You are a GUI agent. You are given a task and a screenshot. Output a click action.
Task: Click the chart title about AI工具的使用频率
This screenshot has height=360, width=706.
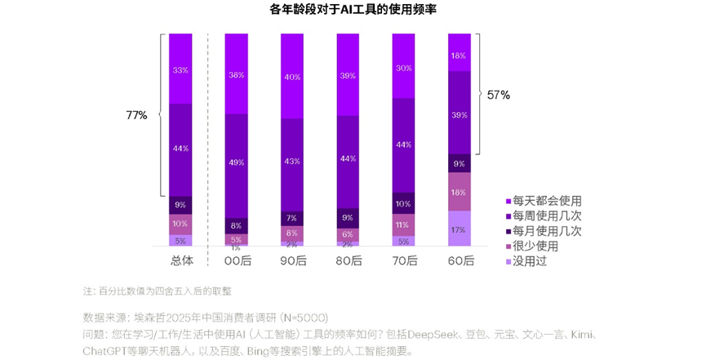[353, 11]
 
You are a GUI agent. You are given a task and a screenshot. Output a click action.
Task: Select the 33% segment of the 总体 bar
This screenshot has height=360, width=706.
[180, 69]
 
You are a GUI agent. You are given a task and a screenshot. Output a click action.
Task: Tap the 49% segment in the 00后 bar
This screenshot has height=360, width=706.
[237, 162]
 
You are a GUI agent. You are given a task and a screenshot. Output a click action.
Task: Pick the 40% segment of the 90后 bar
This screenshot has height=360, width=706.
[292, 78]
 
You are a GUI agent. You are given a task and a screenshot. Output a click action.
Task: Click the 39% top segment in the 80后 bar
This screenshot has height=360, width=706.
[348, 75]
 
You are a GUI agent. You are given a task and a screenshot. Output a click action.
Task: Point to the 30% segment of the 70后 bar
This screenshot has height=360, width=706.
[403, 68]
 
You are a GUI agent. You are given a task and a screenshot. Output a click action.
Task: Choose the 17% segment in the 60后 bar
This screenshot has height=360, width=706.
[460, 229]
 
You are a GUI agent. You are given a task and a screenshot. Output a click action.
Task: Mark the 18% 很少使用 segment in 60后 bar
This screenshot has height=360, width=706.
[460, 192]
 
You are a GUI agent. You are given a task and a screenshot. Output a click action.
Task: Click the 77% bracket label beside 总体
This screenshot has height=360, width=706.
[136, 115]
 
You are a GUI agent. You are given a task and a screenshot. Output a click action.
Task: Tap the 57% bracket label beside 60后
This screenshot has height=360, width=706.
[498, 95]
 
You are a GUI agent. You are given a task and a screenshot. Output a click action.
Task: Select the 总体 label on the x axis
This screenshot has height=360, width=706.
[181, 260]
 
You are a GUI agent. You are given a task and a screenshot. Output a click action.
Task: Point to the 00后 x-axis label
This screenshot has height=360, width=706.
[237, 260]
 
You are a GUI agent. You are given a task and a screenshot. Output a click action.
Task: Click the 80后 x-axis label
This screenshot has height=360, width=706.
[348, 260]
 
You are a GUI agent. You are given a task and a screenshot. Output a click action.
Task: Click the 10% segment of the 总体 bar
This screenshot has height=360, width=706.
[180, 223]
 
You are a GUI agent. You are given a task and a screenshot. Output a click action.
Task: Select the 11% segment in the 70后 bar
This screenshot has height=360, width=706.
[403, 224]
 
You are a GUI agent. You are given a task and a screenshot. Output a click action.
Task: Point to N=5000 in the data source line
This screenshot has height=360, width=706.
[304, 317]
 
